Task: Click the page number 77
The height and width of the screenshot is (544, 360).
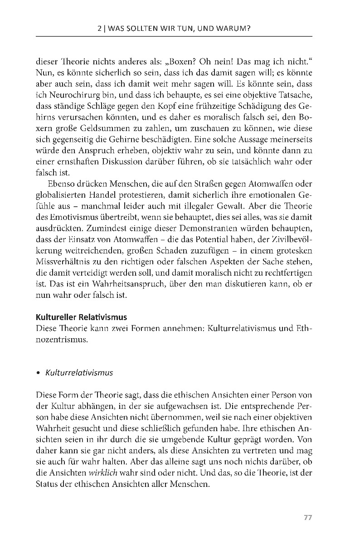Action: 308,518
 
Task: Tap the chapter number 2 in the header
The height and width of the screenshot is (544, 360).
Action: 99,29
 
